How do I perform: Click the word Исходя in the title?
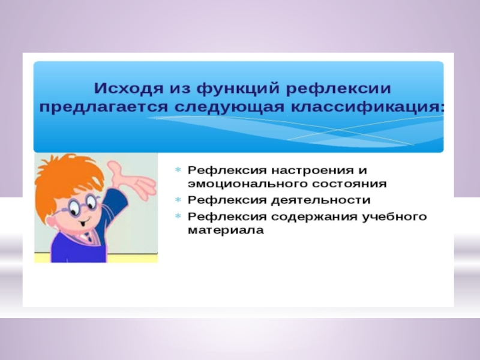pos(128,88)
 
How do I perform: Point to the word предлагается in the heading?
pos(103,108)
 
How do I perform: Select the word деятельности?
pos(321,200)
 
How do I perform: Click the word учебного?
pos(394,217)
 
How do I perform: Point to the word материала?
pos(226,230)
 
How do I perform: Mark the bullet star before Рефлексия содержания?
pos(178,217)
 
